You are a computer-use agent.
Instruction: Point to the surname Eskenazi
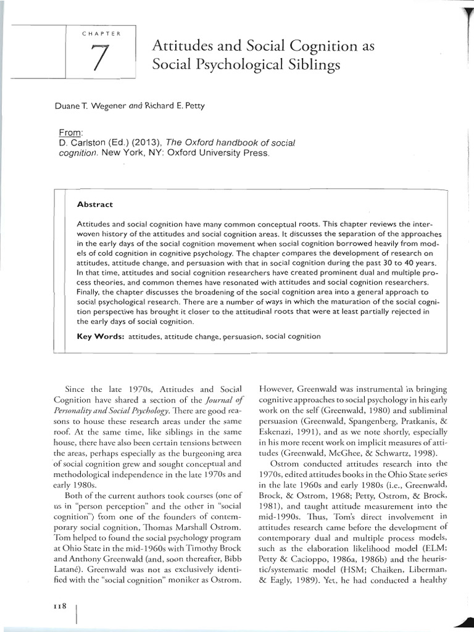(280, 422)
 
